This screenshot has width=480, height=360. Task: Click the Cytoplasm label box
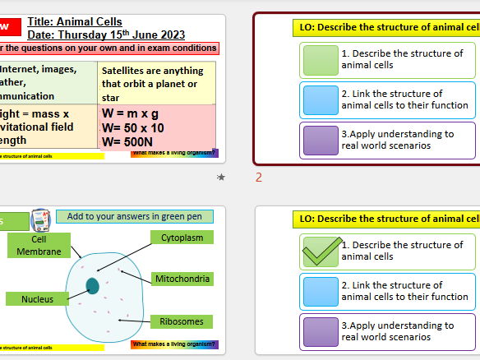(182, 238)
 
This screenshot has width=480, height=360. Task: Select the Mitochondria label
(182, 279)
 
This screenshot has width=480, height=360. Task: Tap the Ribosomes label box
(182, 321)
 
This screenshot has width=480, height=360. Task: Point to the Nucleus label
(38, 299)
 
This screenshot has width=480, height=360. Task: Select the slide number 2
(259, 177)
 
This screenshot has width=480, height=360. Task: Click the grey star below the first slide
(220, 177)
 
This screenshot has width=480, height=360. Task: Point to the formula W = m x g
(132, 113)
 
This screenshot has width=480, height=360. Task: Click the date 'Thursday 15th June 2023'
(120, 35)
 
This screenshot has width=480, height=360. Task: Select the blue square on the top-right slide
(320, 99)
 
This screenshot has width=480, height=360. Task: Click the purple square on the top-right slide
(320, 140)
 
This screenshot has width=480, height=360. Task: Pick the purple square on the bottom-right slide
(320, 331)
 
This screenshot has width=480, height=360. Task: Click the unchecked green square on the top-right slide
(320, 59)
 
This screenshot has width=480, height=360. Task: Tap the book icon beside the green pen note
(39, 219)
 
